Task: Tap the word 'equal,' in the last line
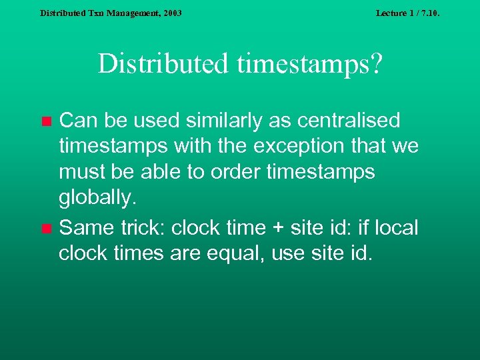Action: [232, 253]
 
